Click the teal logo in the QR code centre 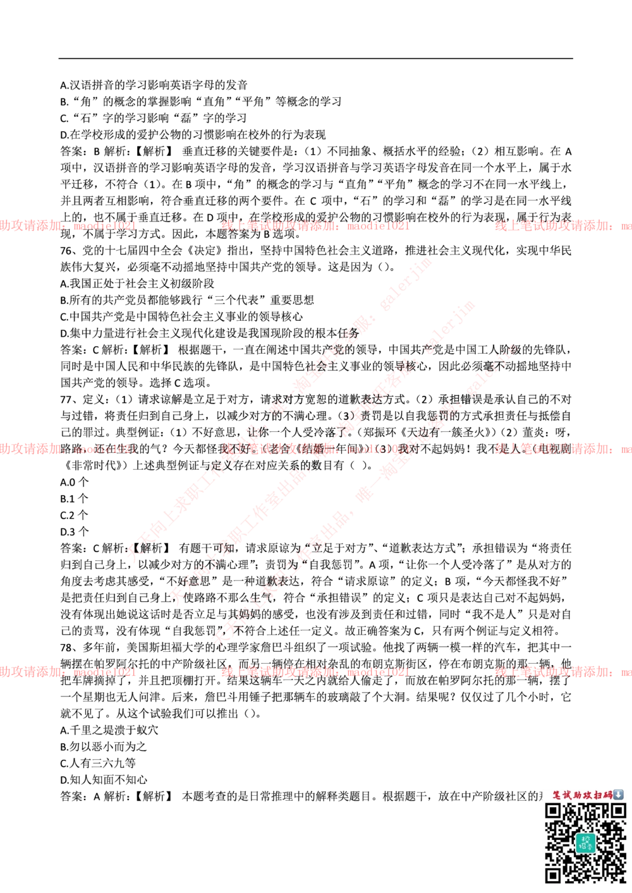click(585, 842)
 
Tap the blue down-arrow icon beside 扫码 click(618, 794)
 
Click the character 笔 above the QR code click(557, 795)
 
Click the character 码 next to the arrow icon click(609, 795)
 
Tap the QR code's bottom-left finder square click(554, 875)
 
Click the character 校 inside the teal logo click(585, 839)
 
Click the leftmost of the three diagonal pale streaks click(278, 411)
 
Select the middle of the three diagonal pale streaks click(322, 452)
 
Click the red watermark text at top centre click(315, 225)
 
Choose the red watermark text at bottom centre click(315, 672)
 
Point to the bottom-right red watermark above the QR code click(562, 672)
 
